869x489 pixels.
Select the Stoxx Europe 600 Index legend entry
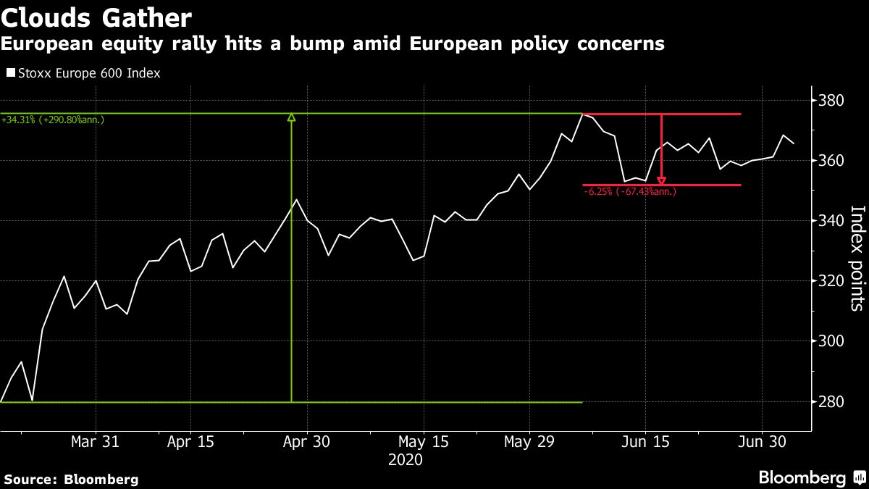click(x=83, y=73)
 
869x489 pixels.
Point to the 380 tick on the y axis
click(x=829, y=100)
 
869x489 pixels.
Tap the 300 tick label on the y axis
click(x=829, y=341)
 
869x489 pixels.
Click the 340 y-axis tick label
click(x=829, y=220)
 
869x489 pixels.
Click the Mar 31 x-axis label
click(x=96, y=442)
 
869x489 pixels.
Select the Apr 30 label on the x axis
click(x=307, y=442)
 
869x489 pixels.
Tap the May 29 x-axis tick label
click(x=529, y=442)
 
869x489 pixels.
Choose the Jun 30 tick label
click(x=762, y=442)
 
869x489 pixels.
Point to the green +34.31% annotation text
click(x=53, y=119)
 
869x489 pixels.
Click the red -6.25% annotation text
click(x=629, y=192)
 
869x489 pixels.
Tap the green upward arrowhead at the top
click(x=291, y=117)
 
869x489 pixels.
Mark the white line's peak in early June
click(x=583, y=114)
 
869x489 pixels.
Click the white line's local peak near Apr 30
click(x=296, y=199)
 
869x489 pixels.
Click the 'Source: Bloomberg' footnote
click(x=71, y=479)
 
